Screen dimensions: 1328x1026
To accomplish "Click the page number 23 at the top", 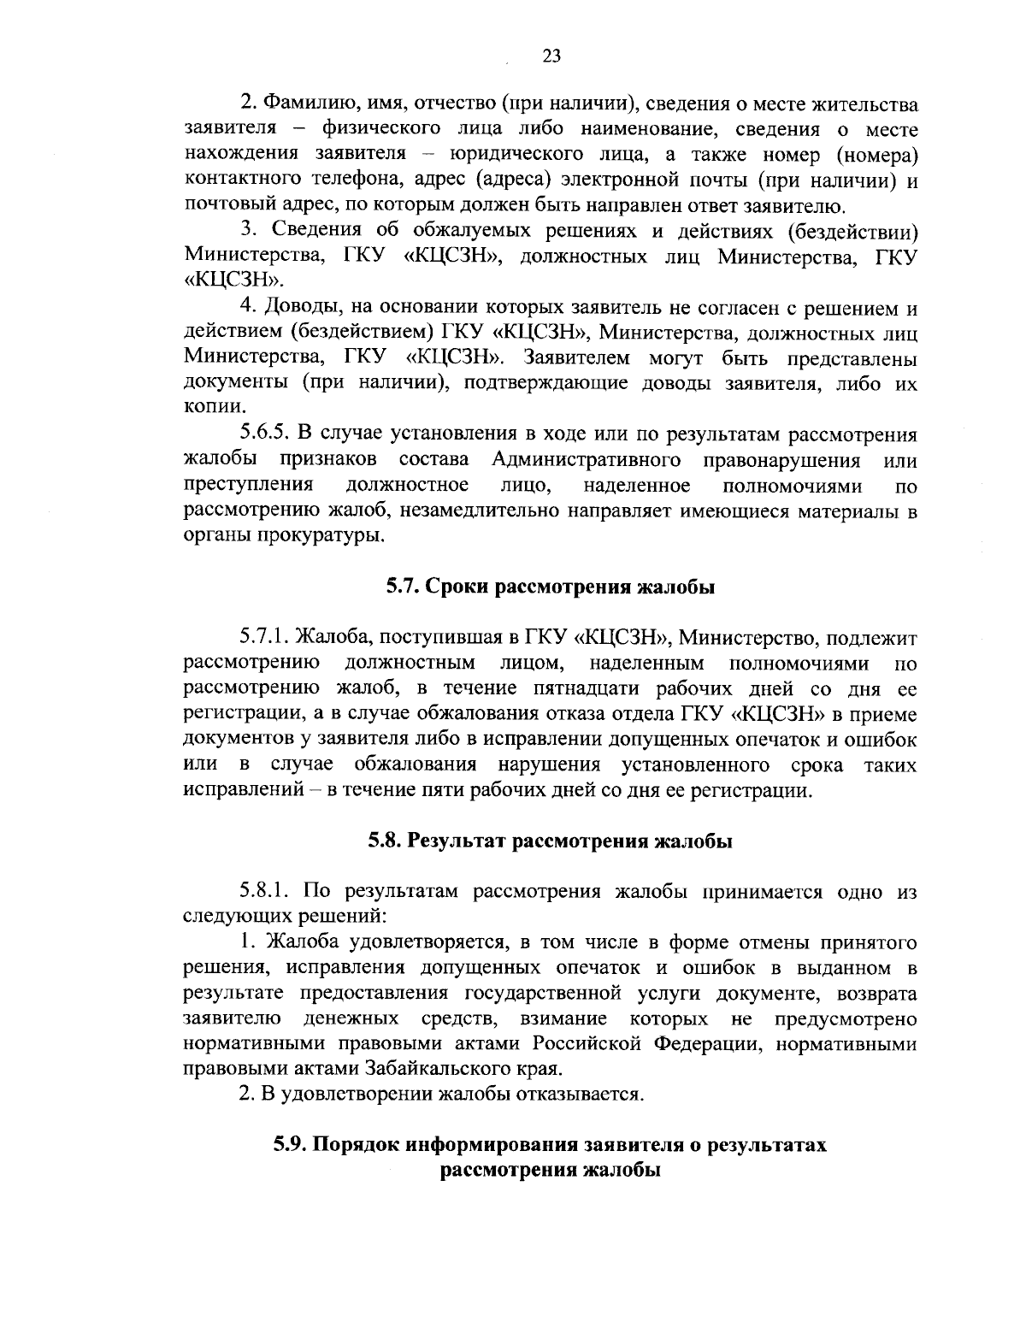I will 551,56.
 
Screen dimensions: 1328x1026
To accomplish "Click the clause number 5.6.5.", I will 268,434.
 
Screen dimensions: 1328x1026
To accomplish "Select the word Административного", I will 587,460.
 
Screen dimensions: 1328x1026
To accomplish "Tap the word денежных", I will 351,1019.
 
